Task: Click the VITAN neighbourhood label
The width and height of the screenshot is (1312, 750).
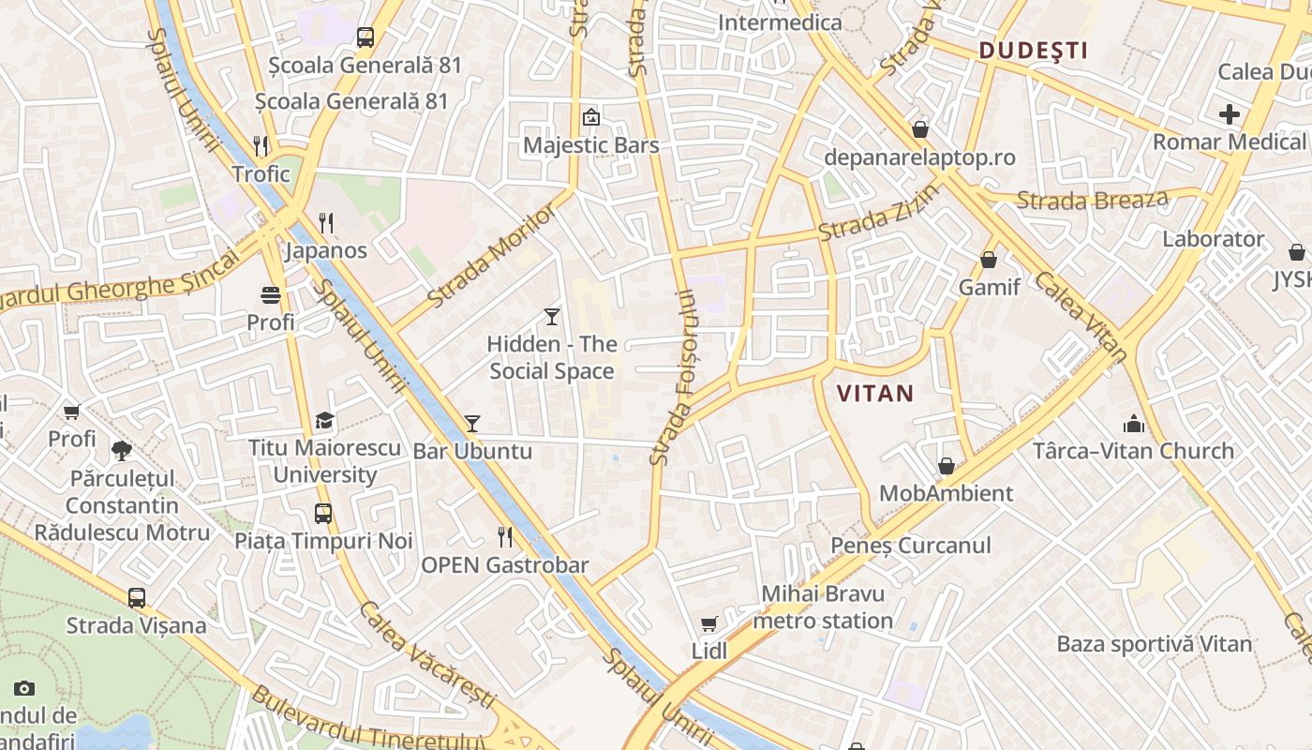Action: pos(874,393)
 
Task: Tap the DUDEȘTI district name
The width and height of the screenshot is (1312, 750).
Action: pos(1034,51)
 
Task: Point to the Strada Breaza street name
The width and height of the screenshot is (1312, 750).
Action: pos(1093,200)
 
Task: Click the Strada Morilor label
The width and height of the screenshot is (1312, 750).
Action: pos(492,256)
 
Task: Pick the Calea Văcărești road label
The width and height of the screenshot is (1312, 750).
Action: pos(426,655)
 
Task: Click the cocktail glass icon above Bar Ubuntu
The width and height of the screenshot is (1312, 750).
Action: pos(472,424)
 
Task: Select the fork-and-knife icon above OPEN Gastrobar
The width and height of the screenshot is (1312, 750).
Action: pos(505,537)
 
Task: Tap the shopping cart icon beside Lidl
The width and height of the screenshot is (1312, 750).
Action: pos(709,623)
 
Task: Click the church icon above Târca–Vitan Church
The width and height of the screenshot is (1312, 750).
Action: pos(1134,424)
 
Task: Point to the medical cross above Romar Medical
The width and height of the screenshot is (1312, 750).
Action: pos(1230,115)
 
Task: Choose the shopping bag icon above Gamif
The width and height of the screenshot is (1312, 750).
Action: pos(989,260)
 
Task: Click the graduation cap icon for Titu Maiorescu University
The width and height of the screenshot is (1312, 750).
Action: pos(324,420)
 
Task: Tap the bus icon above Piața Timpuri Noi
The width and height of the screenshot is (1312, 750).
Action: pos(323,514)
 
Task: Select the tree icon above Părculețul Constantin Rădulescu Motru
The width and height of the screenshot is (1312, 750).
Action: pos(122,451)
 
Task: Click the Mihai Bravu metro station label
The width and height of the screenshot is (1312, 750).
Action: pos(823,607)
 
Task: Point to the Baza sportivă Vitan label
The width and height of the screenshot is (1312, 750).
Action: pos(1155,644)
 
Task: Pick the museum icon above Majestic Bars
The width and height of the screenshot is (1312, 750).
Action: pos(591,118)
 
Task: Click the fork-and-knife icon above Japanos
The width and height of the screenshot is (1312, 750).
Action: pos(326,223)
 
